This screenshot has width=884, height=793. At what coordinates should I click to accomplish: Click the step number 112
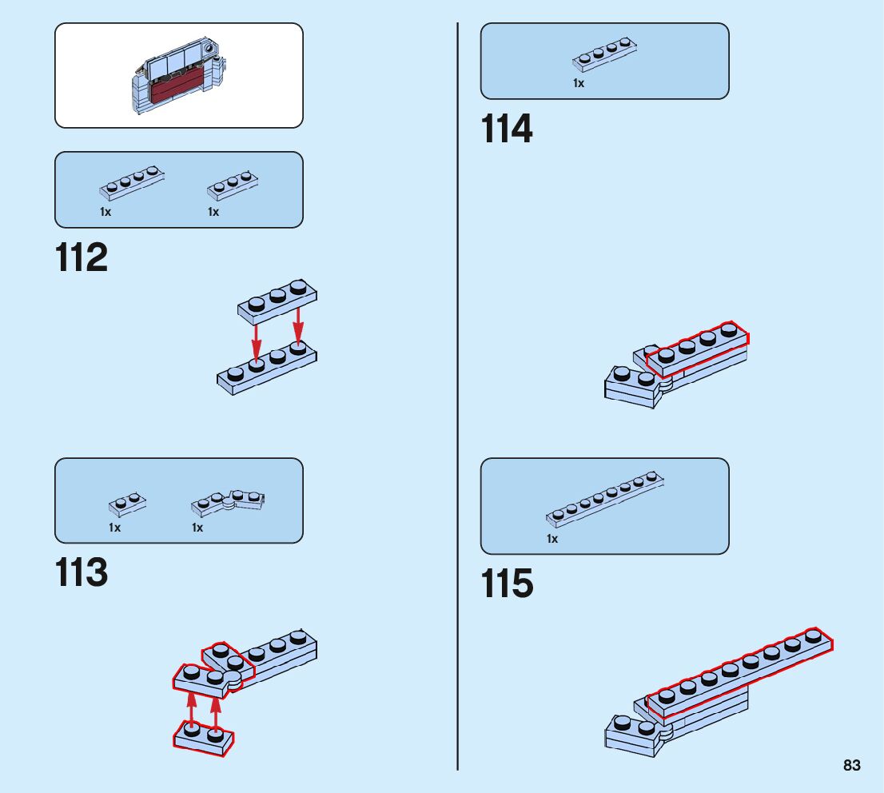click(x=82, y=258)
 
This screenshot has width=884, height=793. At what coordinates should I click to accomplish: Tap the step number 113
click(x=82, y=574)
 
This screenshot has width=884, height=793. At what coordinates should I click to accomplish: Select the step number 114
click(x=507, y=130)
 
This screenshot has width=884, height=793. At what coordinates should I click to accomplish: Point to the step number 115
click(x=507, y=584)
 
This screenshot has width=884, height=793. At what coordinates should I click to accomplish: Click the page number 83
click(x=851, y=766)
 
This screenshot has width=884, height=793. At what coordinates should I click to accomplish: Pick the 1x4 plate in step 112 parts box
click(x=131, y=183)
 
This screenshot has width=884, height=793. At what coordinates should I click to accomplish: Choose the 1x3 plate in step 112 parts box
click(x=232, y=186)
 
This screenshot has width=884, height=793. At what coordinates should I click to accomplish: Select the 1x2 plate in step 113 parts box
click(x=127, y=504)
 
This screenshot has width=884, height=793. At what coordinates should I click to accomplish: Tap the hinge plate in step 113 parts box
click(x=229, y=502)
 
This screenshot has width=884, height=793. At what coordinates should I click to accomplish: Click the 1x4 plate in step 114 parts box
click(x=605, y=58)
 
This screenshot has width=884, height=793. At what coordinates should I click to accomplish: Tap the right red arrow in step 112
click(x=298, y=324)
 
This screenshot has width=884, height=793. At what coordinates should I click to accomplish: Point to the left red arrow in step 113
click(x=192, y=710)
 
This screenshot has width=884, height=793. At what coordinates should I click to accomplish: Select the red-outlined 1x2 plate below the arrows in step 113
click(x=204, y=738)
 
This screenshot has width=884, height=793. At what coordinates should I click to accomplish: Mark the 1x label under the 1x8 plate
click(x=552, y=539)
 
